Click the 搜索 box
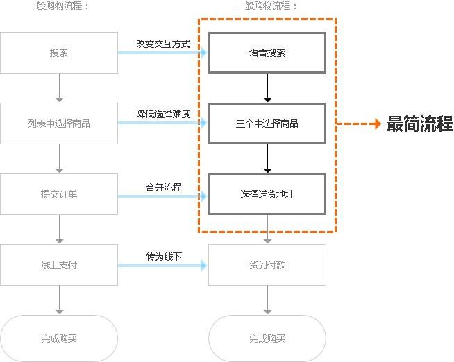pos(59,53)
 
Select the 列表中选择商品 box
pos(59,123)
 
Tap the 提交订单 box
pos(59,194)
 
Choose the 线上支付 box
pos(59,265)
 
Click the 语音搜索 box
pos(267,53)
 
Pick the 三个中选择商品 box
pos(267,123)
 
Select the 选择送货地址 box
pos(267,194)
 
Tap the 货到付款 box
pos(267,265)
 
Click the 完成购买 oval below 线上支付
pos(59,338)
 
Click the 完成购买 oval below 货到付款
pos(267,338)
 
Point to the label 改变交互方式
pos(163,44)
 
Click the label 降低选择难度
pos(163,114)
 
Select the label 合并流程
pos(164,187)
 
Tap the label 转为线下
pos(164,257)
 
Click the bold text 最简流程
pos(419,123)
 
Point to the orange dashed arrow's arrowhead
pos(378,123)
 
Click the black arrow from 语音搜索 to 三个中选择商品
pos(267,87)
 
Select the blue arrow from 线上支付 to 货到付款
pos(162,266)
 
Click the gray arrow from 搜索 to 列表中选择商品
pos(60,87)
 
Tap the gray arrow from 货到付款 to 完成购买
pos(267,300)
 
